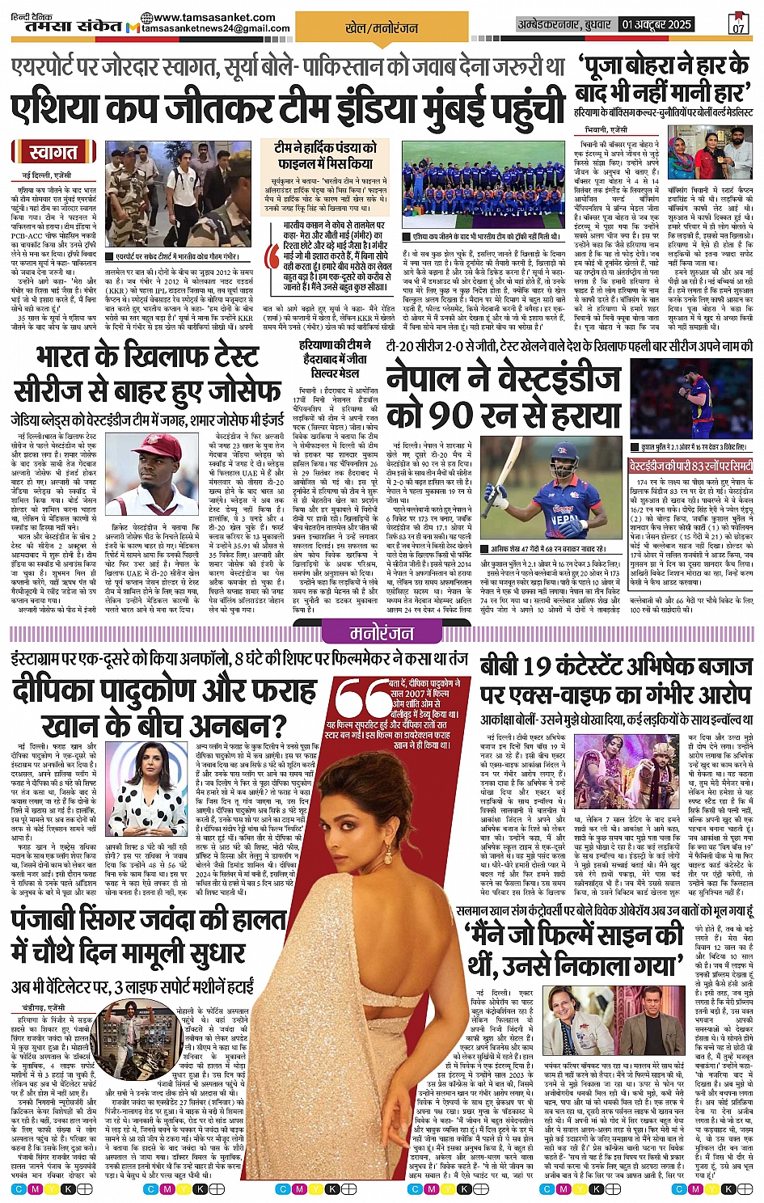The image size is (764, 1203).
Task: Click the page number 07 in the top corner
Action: (x=739, y=25)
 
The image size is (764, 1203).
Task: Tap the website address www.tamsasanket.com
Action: (x=214, y=17)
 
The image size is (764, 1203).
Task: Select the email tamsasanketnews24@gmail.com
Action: (x=216, y=28)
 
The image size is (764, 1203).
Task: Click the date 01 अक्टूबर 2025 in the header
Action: (x=656, y=25)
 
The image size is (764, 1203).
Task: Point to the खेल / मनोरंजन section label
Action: (x=382, y=27)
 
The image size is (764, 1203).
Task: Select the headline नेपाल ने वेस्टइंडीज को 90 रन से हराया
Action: (x=503, y=398)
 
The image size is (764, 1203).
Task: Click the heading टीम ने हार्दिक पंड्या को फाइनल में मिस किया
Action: (x=325, y=155)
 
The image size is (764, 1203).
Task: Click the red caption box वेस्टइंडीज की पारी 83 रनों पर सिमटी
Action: (x=691, y=467)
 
